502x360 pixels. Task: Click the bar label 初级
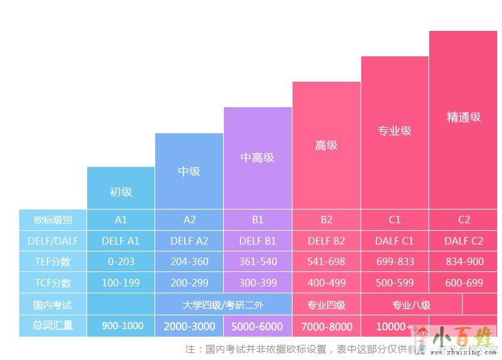coord(121,192)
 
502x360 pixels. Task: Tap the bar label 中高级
coord(258,157)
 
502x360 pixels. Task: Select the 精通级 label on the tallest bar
coord(464,117)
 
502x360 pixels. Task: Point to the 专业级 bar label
coord(395,131)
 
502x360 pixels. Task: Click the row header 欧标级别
coord(52,220)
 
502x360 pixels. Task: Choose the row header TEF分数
coord(52,262)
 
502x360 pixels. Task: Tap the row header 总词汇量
coord(52,326)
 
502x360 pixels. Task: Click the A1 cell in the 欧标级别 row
coord(121,220)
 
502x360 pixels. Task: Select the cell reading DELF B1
coord(258,241)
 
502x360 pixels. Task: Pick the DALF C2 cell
coord(464,241)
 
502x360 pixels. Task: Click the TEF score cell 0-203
coord(121,262)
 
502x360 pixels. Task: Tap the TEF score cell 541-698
coord(326,262)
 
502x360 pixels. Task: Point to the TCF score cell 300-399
coord(258,283)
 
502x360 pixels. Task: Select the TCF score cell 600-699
coord(464,283)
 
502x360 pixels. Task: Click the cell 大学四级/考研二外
coord(223,304)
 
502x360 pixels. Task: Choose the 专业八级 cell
coord(411,304)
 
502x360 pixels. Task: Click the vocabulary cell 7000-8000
coord(326,326)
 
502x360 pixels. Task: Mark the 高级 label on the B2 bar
coord(326,145)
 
